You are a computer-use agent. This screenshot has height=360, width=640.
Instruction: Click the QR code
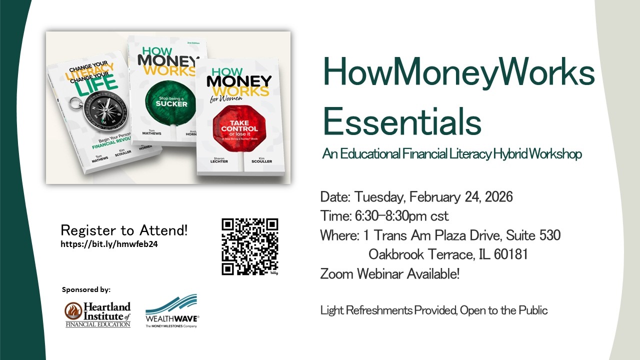[249, 246]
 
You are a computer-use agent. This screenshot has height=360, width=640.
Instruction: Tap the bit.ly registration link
[109, 244]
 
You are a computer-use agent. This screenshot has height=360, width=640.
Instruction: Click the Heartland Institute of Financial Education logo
[97, 314]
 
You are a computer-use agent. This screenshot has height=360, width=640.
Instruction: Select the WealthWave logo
[172, 311]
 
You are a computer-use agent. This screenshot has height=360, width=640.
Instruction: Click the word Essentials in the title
[402, 121]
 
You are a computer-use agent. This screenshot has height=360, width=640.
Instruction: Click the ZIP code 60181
[510, 254]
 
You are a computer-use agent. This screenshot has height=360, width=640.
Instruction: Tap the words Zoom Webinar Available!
[390, 274]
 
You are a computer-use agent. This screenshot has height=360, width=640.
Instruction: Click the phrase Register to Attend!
[124, 230]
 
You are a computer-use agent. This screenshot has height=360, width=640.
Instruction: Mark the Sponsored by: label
[86, 289]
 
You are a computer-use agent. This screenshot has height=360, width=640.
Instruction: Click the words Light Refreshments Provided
[388, 310]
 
